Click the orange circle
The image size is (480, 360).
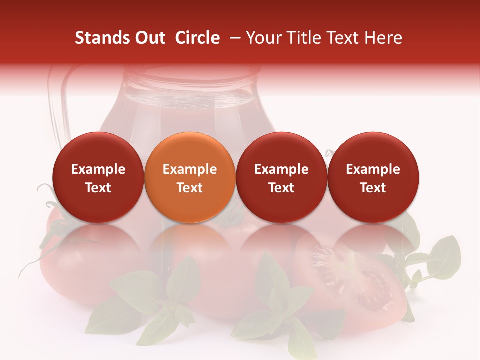(x=190, y=177)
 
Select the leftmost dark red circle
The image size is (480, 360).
(x=98, y=177)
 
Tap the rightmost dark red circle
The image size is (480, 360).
(x=373, y=177)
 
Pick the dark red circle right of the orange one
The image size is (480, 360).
(x=281, y=177)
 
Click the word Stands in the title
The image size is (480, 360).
(x=100, y=38)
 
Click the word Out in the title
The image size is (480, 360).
(x=149, y=38)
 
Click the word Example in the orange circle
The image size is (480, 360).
(x=190, y=169)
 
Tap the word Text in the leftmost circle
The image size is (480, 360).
(x=98, y=188)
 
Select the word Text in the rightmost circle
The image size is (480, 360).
(x=373, y=188)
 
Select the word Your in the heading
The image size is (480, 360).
(x=262, y=38)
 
